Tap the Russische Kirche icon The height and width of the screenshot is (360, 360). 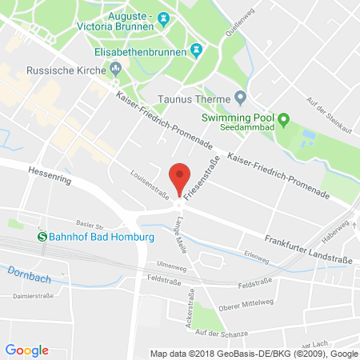coord(116,67)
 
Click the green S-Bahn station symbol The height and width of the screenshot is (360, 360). coord(42,235)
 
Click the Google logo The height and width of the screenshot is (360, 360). coord(27,350)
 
